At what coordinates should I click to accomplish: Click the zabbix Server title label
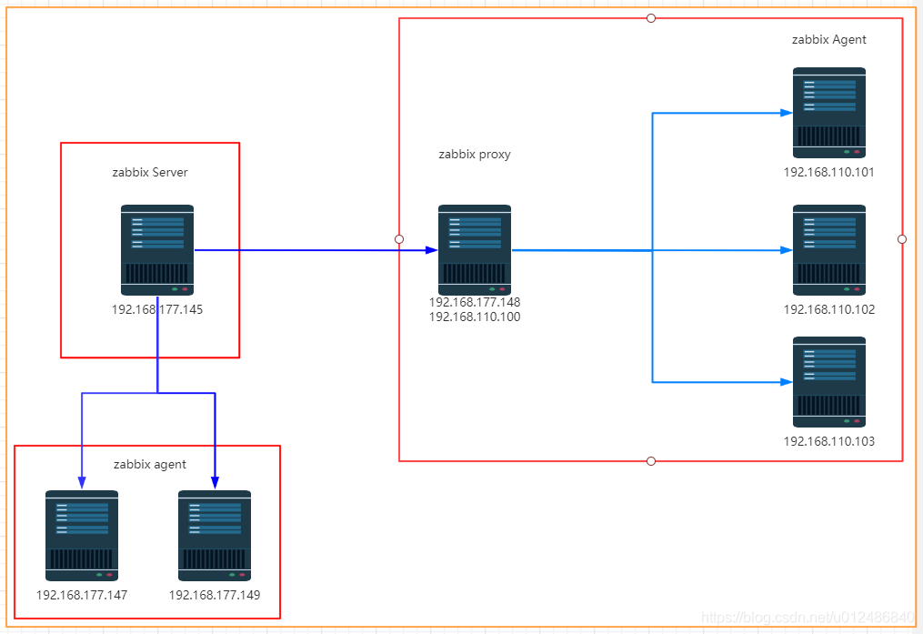[x=149, y=172]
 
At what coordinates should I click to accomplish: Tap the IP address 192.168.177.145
[x=157, y=309]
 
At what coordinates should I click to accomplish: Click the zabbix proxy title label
[x=475, y=154]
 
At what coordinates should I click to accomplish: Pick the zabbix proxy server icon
[x=475, y=249]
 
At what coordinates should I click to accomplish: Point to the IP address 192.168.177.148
[x=475, y=302]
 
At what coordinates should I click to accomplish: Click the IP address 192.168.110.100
[x=475, y=317]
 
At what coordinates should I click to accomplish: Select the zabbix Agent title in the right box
[x=828, y=39]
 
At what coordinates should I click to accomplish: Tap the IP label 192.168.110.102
[x=828, y=309]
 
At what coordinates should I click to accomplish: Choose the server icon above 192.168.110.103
[x=828, y=382]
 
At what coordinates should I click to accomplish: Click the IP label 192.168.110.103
[x=828, y=441]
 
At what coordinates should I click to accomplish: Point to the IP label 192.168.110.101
[x=828, y=172]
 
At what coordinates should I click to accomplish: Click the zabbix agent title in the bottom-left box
[x=150, y=464]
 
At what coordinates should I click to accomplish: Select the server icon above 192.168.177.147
[x=82, y=536]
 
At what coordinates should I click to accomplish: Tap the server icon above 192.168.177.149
[x=215, y=536]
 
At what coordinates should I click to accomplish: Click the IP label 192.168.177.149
[x=215, y=596]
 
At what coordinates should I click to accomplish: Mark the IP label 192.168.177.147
[x=82, y=596]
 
